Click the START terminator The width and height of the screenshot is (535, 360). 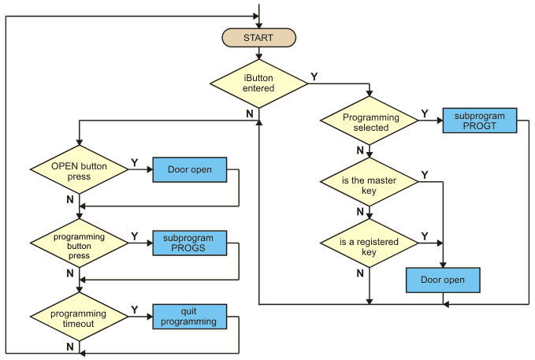point(259,38)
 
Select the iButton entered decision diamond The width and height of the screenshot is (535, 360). point(259,84)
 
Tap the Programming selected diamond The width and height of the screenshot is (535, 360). point(370,121)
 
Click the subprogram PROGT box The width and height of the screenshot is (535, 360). point(480,121)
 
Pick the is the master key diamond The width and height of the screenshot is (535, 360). point(370,182)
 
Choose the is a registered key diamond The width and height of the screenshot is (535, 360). point(370,243)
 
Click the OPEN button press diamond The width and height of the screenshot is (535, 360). point(79,169)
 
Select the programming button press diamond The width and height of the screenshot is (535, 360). point(79,243)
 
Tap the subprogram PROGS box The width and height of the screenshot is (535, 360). point(190,243)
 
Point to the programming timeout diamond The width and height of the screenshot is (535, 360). point(79,317)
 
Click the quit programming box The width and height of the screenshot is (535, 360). point(190,317)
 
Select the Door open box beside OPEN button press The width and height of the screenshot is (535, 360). point(190,169)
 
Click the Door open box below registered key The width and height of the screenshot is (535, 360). point(443,280)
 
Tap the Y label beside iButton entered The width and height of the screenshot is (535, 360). point(314,77)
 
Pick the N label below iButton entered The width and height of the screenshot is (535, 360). point(250,113)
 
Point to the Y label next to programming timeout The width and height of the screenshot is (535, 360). point(135,310)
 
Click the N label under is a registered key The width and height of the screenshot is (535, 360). point(360,273)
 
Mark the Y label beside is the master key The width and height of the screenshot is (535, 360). point(425,175)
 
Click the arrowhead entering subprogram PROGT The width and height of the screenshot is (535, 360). point(440,121)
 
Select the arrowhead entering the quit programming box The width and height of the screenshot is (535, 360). point(150,317)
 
